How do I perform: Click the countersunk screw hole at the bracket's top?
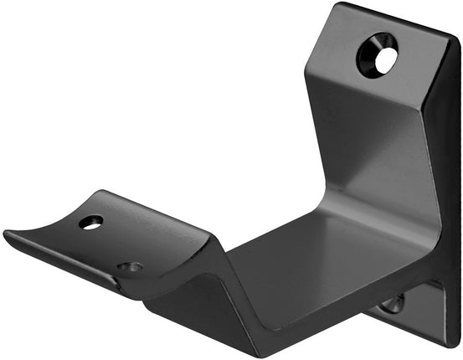pos(378,55)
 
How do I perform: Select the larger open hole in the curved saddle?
pos(90,223)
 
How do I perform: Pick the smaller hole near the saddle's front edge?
pos(130,267)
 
